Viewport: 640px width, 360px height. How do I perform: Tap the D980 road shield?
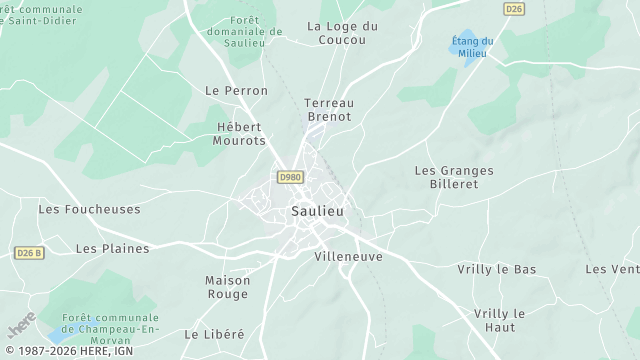tap(290, 177)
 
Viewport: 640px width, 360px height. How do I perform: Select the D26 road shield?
tap(514, 9)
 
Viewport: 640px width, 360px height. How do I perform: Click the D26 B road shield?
tap(30, 254)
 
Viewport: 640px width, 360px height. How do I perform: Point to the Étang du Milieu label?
tap(472, 47)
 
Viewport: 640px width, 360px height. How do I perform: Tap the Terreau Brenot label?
tap(328, 109)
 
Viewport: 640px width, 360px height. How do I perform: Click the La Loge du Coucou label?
tap(344, 33)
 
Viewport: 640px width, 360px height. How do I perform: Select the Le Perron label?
tap(236, 90)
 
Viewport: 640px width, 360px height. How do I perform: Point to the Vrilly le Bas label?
tap(497, 269)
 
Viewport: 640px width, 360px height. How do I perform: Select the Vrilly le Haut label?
tap(497, 320)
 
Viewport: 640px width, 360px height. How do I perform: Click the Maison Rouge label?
tap(228, 287)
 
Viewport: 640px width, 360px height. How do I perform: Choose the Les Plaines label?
tap(112, 248)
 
